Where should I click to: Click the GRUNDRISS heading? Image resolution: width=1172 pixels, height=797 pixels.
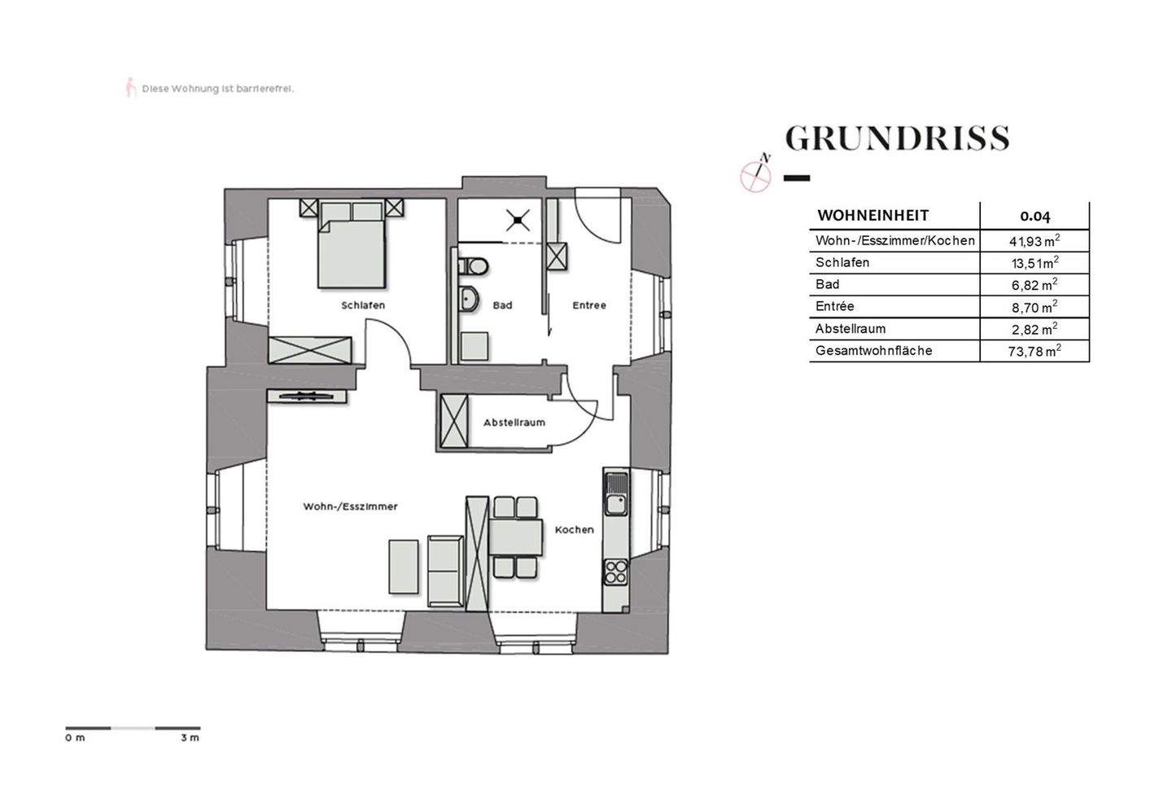[897, 139]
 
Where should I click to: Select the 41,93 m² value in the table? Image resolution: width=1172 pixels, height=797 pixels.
[1034, 241]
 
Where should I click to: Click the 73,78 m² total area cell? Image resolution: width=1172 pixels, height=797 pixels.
[1034, 351]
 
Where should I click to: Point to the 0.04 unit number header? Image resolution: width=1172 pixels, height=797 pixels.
[1034, 217]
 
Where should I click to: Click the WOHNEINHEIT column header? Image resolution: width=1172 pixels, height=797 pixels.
[872, 216]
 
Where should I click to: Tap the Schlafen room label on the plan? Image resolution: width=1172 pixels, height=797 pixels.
[362, 305]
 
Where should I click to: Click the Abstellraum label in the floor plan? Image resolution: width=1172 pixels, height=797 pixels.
[514, 423]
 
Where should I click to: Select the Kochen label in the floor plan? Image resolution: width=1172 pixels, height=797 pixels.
[574, 529]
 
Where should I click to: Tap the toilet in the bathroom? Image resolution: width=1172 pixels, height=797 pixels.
[472, 266]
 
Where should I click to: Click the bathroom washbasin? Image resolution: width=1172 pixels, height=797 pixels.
[470, 299]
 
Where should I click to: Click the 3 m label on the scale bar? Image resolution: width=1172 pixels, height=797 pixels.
[190, 738]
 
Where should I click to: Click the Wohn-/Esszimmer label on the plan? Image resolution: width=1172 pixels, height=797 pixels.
[350, 506]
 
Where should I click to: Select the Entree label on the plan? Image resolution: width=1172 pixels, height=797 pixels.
[588, 305]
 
